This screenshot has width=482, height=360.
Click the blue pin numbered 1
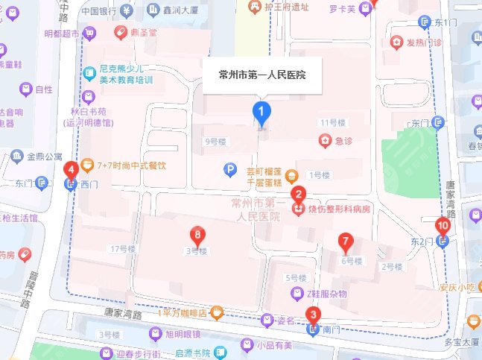pos(261,113)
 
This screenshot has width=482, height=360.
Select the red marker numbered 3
pos(314,315)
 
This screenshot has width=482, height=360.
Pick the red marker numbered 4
pos(72,170)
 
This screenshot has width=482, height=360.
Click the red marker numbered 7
pos(345,241)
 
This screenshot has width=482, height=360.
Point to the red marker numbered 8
pos(196,233)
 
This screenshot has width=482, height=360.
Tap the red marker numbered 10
pos(443,224)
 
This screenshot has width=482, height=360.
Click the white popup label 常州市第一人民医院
pos(263,75)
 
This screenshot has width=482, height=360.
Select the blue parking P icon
pos(230,170)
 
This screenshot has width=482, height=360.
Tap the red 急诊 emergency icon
pos(325,139)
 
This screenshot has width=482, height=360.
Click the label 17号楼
pos(120,248)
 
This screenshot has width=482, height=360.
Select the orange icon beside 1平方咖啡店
pos(217,312)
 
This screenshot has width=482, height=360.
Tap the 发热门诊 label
pos(425,42)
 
